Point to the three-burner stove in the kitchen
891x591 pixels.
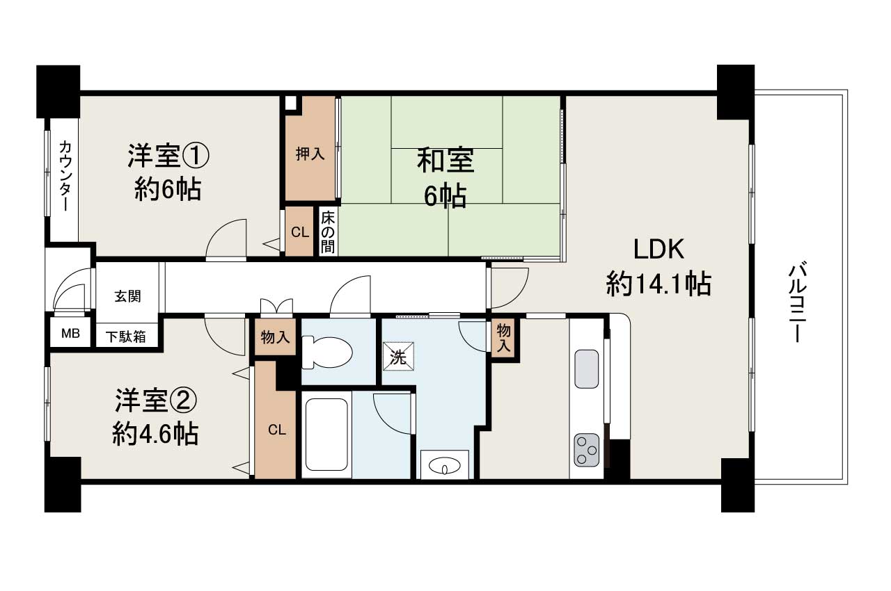586,450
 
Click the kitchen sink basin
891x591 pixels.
586,369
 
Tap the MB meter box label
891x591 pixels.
70,333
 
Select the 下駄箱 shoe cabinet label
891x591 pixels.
126,337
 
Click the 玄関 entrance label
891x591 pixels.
127,295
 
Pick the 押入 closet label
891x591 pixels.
310,154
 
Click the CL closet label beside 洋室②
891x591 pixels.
276,430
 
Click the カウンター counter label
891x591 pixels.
64,176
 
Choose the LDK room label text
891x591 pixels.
659,248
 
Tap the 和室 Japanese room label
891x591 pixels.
445,161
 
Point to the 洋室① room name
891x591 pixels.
168,155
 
